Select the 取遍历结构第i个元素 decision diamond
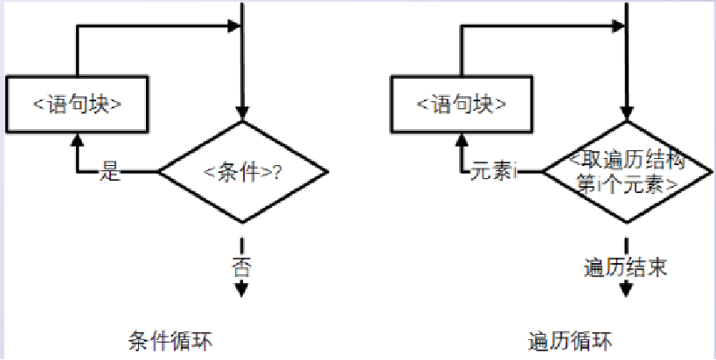[625, 172]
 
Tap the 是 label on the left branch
[110, 171]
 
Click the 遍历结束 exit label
[625, 266]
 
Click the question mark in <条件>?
[277, 172]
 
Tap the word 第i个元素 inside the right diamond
[625, 185]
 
